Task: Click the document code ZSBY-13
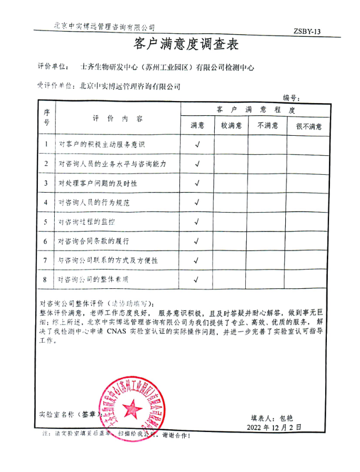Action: tap(307, 32)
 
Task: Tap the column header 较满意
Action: tap(231, 126)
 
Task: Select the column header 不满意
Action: tap(267, 126)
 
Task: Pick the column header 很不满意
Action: tap(308, 126)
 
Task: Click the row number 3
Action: tap(46, 183)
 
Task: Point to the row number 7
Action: tap(46, 260)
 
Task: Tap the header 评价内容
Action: tap(118, 118)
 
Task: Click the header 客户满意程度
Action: tap(256, 110)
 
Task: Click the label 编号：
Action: tap(292, 97)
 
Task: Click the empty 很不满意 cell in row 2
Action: tap(308, 164)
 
